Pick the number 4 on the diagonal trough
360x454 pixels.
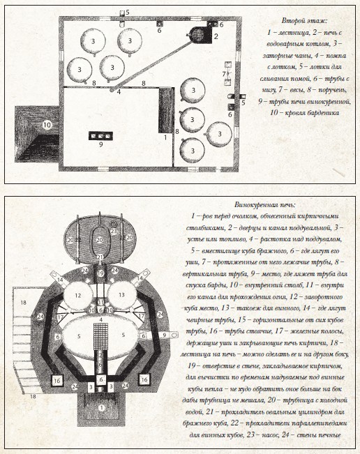119,91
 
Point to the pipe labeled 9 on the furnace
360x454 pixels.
165,335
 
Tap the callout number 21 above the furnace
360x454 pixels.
100,257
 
